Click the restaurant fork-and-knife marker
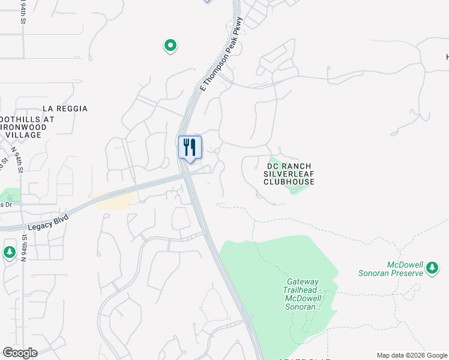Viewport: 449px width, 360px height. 190,147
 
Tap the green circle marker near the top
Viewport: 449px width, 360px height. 170,45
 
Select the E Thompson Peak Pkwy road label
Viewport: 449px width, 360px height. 221,55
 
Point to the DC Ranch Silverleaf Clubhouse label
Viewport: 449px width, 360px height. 290,173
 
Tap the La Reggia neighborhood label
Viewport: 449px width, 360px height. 65,109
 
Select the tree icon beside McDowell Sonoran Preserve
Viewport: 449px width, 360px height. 432,268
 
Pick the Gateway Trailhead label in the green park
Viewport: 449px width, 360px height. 304,294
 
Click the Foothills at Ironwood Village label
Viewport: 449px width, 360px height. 28,127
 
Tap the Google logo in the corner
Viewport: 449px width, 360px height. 20,353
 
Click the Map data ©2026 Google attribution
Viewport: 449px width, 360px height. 412,355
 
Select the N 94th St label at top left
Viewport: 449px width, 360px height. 23,12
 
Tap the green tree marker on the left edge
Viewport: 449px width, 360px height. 9,251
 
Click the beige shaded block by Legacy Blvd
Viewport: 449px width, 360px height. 113,201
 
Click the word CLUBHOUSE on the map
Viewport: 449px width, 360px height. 290,181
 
